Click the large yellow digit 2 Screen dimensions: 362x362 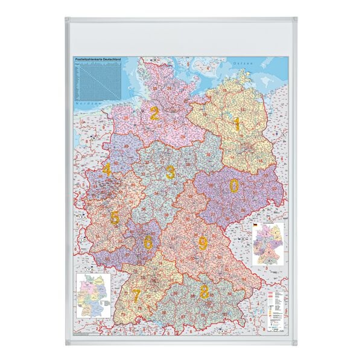click(x=154, y=113)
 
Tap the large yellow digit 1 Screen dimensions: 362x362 click(x=237, y=125)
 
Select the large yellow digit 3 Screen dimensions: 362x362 click(x=171, y=172)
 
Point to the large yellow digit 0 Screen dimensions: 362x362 click(x=233, y=185)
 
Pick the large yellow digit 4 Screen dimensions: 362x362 click(x=107, y=170)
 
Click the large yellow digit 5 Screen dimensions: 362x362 click(x=114, y=217)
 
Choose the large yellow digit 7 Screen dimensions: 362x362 click(x=137, y=296)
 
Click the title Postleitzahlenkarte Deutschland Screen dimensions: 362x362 click(x=97, y=59)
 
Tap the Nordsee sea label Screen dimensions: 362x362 click(x=82, y=104)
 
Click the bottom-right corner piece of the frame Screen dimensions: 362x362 click(x=294, y=342)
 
